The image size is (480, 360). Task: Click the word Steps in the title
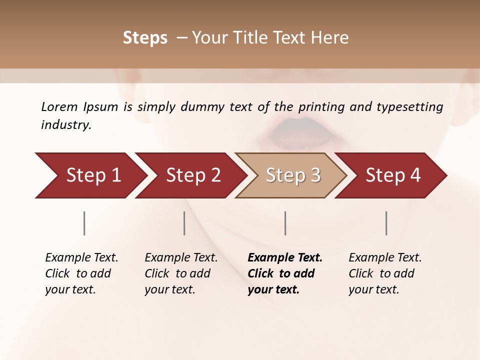click(145, 38)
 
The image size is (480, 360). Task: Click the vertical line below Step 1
click(84, 223)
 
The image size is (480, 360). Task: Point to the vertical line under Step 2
click(184, 223)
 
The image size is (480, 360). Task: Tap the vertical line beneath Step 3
click(285, 223)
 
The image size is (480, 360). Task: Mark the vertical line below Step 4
click(386, 223)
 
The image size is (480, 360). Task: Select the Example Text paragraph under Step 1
click(81, 273)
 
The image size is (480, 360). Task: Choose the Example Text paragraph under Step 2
click(180, 273)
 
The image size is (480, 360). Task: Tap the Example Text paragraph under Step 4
click(384, 273)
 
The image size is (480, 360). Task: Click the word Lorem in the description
click(59, 107)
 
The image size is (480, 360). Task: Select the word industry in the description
click(65, 125)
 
